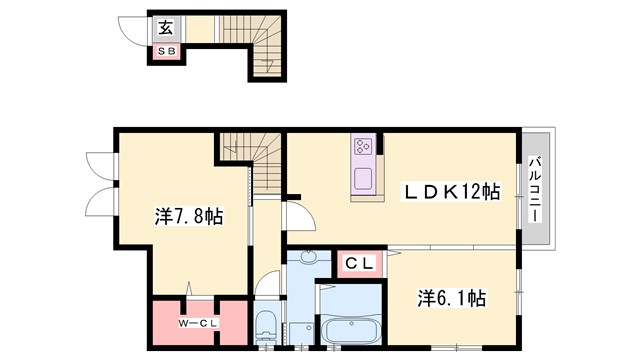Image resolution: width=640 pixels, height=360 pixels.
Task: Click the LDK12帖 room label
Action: pos(451,192)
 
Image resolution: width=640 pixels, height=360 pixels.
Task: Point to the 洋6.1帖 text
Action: pos(450,298)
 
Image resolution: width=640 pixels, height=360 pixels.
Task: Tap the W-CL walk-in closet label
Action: pos(198,321)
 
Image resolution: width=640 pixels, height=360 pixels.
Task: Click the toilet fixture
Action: pos(265,327)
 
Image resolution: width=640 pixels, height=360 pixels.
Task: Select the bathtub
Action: pos(350,330)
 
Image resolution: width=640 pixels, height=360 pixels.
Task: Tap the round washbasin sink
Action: pos(308,259)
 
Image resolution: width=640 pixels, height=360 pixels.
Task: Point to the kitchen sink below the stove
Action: pos(362,180)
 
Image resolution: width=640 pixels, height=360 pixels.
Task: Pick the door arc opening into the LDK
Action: pos(297,213)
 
